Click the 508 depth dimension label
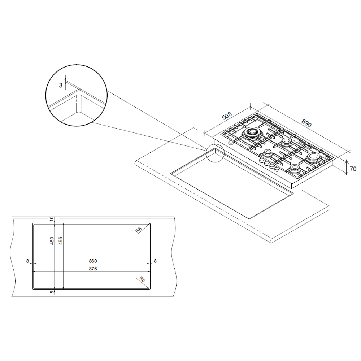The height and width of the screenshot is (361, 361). tap(227, 116)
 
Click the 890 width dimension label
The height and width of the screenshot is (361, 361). tap(306, 123)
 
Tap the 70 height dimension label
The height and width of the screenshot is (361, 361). tap(353, 169)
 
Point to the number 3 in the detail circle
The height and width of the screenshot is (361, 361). tap(61, 86)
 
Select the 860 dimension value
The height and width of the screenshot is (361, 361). tap(93, 261)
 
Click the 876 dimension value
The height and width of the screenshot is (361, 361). tap(93, 269)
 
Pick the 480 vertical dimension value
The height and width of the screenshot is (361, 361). tap(52, 241)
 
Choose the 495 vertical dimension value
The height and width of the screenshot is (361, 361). tap(60, 241)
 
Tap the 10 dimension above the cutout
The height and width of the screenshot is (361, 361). tap(52, 219)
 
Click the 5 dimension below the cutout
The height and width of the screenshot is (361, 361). tap(52, 292)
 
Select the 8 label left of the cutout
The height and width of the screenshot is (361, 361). tap(28, 261)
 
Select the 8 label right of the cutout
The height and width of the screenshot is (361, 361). tap(155, 261)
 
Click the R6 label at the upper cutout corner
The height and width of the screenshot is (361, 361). tap(138, 230)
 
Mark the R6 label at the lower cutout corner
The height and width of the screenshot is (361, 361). tap(142, 279)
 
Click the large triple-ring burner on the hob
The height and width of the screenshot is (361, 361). tap(251, 132)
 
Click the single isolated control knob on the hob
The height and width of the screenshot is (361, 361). tap(230, 143)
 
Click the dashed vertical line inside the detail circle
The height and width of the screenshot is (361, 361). tap(76, 104)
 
